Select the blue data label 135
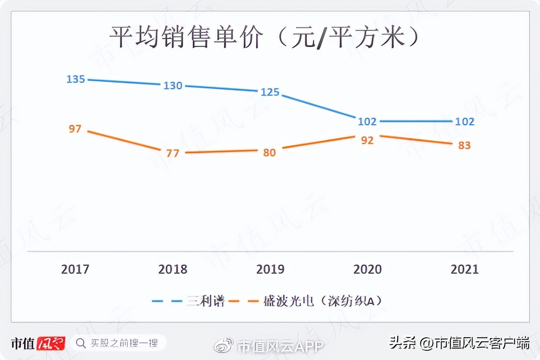tap(76, 79)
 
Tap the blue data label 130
tap(173, 86)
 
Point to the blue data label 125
tap(270, 92)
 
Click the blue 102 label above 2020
tap(367, 122)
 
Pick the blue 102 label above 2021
tap(464, 122)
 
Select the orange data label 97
tap(75, 129)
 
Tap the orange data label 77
tap(172, 154)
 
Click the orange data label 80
tap(269, 153)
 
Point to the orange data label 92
tap(367, 140)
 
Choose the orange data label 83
tap(464, 146)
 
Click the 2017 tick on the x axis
tap(75, 269)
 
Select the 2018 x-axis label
tap(173, 269)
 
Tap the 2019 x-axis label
tap(270, 269)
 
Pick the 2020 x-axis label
tap(367, 269)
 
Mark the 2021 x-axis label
tap(464, 269)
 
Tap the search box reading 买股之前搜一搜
tap(118, 343)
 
